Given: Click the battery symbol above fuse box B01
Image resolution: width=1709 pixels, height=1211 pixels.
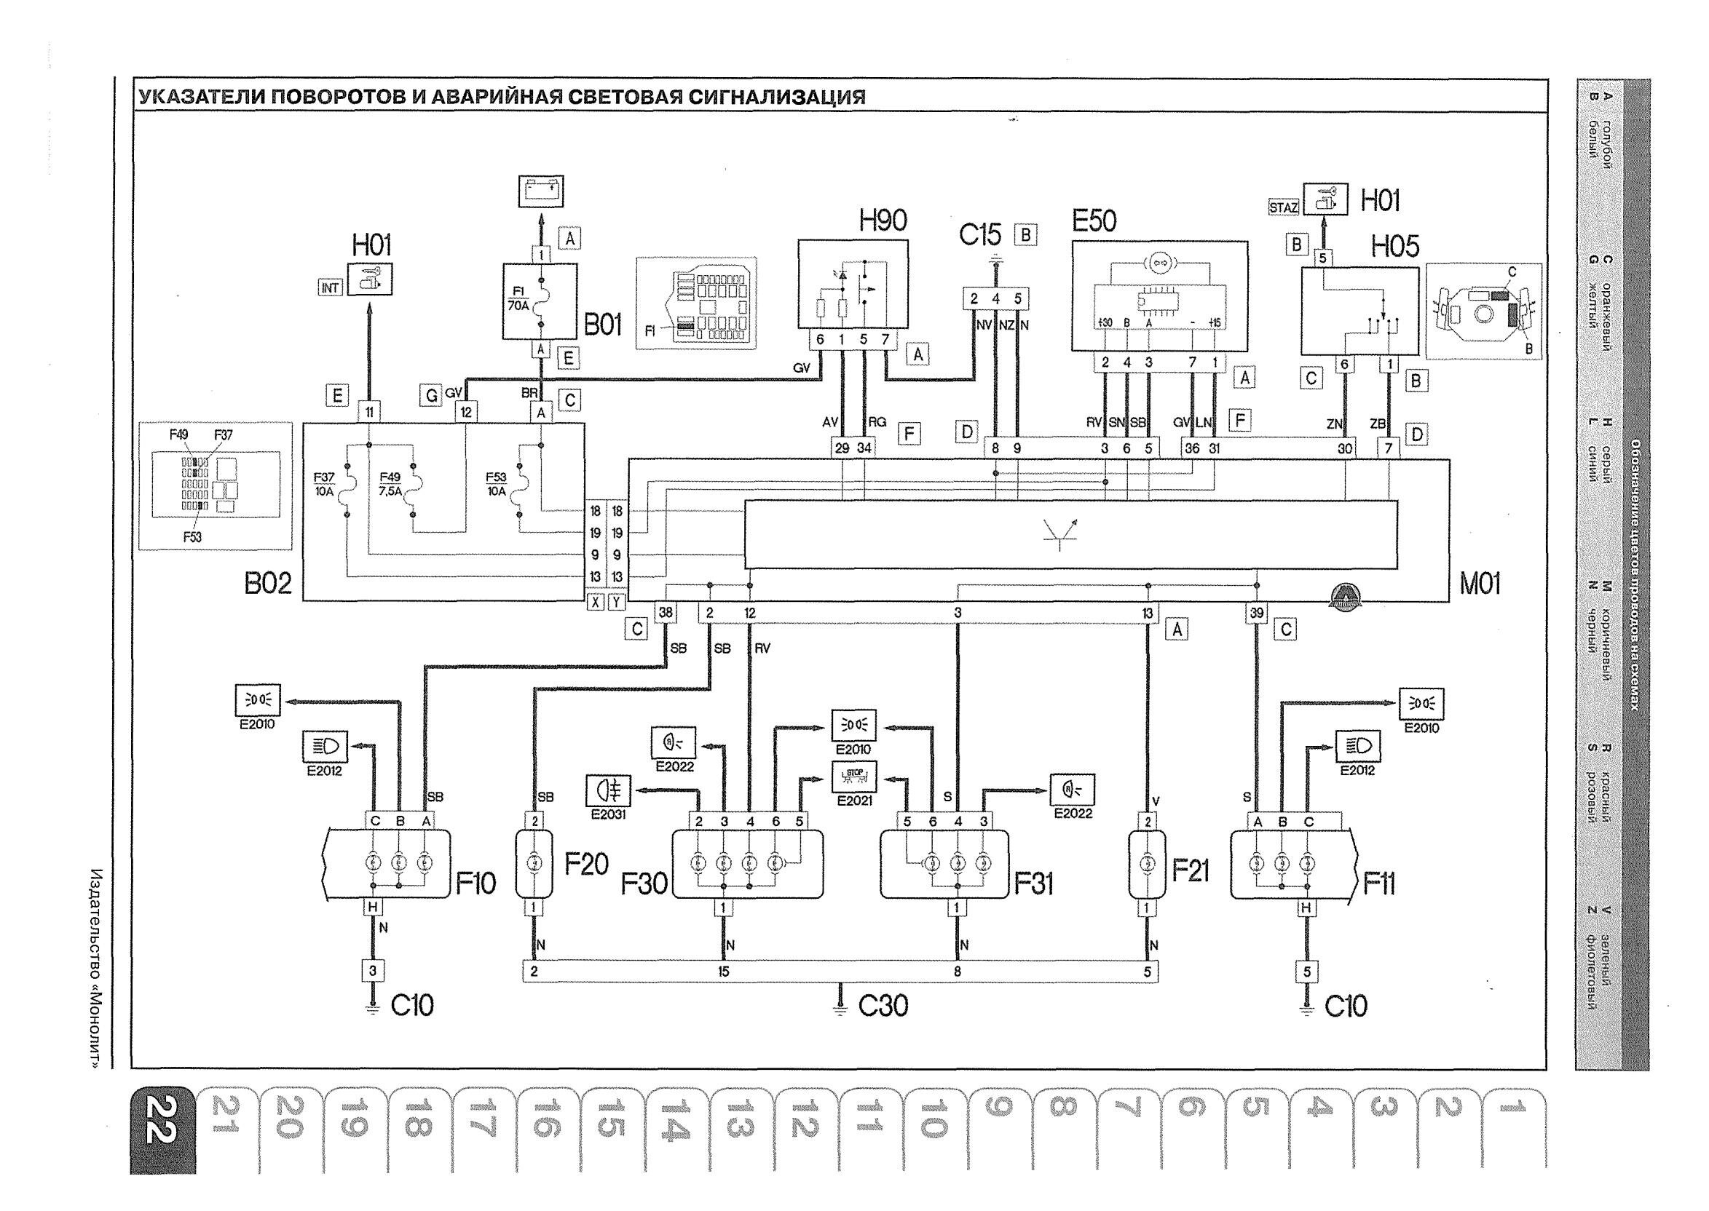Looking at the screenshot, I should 541,191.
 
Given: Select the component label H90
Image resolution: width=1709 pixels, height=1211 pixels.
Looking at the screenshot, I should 883,221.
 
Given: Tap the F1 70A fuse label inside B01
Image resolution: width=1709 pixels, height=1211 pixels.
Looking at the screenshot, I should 518,299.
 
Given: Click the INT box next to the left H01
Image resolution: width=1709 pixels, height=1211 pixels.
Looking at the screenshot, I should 331,287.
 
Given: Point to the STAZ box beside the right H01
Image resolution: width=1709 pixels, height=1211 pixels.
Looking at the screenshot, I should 1283,207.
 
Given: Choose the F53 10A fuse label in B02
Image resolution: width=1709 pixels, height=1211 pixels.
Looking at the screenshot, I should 496,484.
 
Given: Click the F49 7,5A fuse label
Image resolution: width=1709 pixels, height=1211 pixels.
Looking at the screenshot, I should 390,484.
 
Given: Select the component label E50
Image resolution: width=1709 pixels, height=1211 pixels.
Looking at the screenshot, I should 1094,221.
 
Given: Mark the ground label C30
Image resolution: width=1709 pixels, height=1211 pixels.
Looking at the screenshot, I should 883,1006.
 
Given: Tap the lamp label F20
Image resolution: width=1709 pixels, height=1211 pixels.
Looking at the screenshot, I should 585,865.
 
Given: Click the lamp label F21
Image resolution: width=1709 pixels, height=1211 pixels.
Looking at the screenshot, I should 1190,870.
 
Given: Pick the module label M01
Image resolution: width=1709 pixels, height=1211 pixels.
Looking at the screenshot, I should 1479,584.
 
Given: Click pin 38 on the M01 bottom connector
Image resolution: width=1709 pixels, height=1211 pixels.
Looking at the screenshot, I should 665,613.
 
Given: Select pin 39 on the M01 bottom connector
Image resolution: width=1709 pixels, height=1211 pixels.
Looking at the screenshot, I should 1257,613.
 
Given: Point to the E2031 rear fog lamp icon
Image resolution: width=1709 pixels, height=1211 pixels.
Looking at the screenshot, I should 608,791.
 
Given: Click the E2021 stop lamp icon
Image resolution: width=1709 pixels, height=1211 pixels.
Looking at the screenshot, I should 854,777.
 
